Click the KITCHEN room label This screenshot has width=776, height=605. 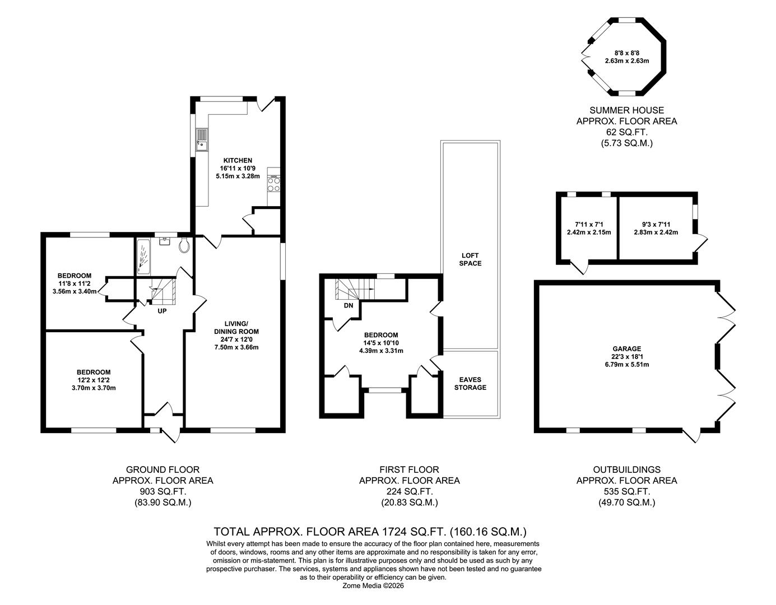tap(238, 161)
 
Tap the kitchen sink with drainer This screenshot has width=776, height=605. tap(202, 139)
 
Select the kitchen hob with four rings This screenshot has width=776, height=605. tap(274, 184)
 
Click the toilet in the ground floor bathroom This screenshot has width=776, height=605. tap(184, 245)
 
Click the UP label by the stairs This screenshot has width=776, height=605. tap(162, 311)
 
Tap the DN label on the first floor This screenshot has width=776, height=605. tap(348, 305)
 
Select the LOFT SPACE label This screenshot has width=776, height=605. tap(470, 259)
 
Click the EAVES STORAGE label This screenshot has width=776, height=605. tap(470, 383)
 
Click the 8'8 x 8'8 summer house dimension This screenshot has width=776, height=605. tap(627, 53)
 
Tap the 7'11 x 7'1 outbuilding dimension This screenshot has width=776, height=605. tap(588, 225)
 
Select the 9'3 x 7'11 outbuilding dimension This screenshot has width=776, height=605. tap(656, 225)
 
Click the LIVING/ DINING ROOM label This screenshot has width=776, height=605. tap(236, 327)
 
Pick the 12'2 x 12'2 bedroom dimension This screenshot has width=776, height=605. tap(94, 380)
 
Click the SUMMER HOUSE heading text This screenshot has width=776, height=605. tap(627, 110)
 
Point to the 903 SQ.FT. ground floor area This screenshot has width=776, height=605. tap(163, 491)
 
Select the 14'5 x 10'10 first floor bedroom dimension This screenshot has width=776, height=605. tap(381, 343)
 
